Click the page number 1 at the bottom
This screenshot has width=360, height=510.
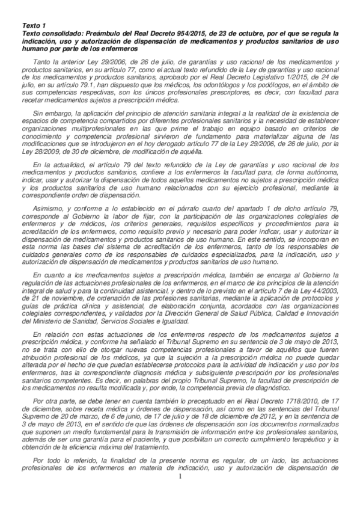(180, 494)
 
